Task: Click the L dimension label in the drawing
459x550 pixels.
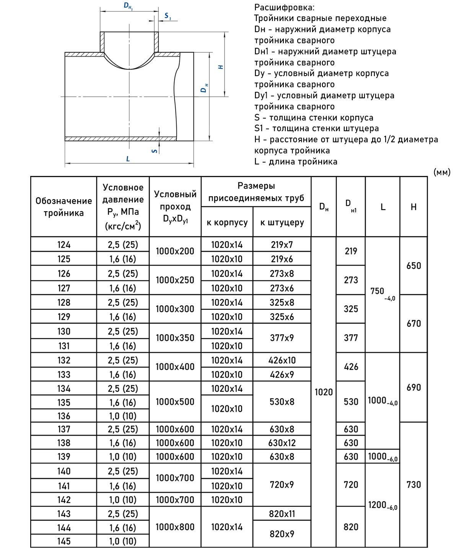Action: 128,158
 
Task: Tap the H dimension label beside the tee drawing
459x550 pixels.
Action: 220,67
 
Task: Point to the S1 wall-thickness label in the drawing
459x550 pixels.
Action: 168,16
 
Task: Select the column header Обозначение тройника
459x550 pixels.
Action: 63,207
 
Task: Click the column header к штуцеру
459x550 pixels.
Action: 282,222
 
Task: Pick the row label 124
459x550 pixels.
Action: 64,245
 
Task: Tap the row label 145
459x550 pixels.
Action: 64,541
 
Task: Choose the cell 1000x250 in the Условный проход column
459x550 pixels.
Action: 175,280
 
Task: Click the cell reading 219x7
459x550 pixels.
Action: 282,245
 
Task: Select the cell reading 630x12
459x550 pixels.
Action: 282,443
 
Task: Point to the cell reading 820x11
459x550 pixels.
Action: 282,514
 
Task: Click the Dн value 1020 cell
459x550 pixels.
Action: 324,392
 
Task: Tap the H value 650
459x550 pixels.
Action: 413,266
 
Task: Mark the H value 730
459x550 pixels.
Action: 413,485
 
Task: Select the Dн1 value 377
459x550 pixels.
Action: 351,338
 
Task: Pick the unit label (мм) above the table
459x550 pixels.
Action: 442,172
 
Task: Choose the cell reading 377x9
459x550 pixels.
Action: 282,338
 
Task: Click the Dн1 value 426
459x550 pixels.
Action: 351,367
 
